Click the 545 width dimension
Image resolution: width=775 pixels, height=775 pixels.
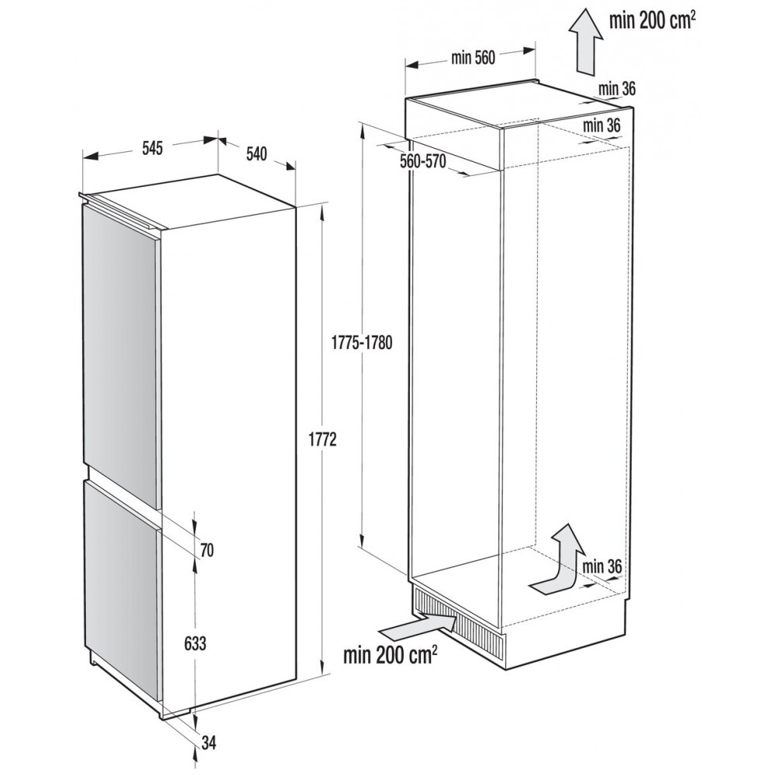click(152, 148)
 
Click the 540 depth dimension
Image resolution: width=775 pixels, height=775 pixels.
click(256, 153)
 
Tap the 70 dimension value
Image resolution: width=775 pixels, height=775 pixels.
click(207, 549)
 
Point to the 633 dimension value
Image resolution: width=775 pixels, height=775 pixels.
click(195, 643)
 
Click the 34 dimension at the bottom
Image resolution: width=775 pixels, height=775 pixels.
click(209, 743)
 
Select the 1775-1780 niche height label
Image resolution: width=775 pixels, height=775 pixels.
click(362, 343)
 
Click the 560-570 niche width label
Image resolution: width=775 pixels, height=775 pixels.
click(422, 161)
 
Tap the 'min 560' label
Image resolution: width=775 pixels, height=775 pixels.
click(473, 58)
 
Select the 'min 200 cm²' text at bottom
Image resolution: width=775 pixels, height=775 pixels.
click(390, 656)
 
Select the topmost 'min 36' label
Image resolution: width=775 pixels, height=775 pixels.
click(616, 89)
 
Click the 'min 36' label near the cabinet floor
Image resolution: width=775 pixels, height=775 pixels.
click(601, 567)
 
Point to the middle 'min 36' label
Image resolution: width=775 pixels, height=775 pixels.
click(601, 125)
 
